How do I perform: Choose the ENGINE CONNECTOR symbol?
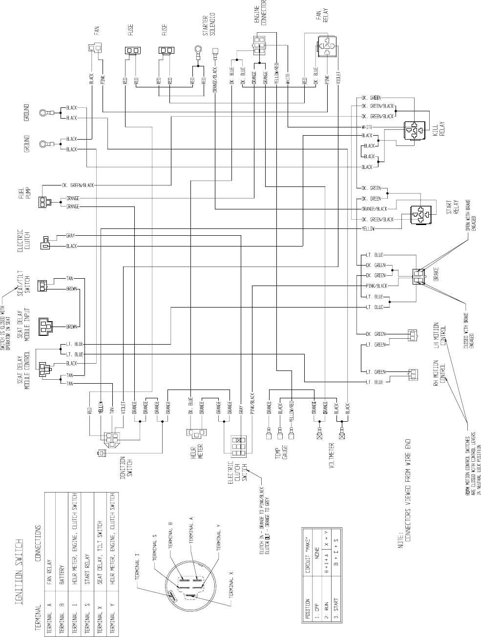(259, 45)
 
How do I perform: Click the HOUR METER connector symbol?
(197, 432)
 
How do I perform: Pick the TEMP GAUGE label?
(282, 454)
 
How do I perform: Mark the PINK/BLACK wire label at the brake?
(376, 286)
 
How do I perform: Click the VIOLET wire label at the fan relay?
(338, 78)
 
